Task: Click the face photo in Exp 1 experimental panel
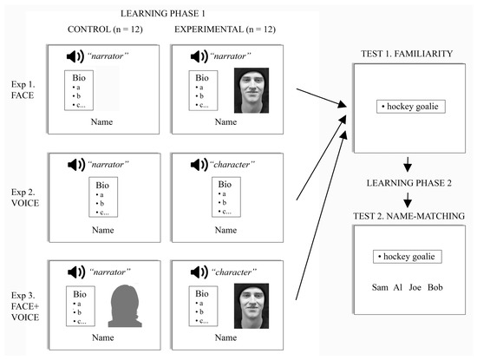click(252, 92)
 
